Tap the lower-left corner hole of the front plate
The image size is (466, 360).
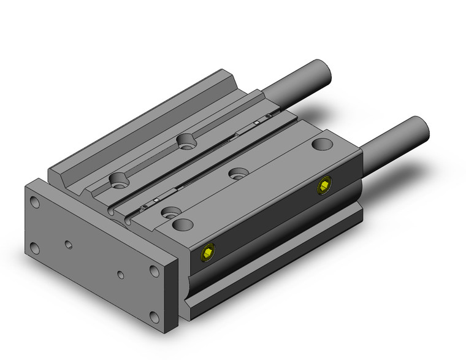pyautogui.click(x=35, y=248)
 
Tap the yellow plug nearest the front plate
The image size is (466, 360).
pyautogui.click(x=208, y=252)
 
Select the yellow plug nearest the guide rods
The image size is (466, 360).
pyautogui.click(x=324, y=186)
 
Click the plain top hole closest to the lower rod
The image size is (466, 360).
pyautogui.click(x=321, y=145)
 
